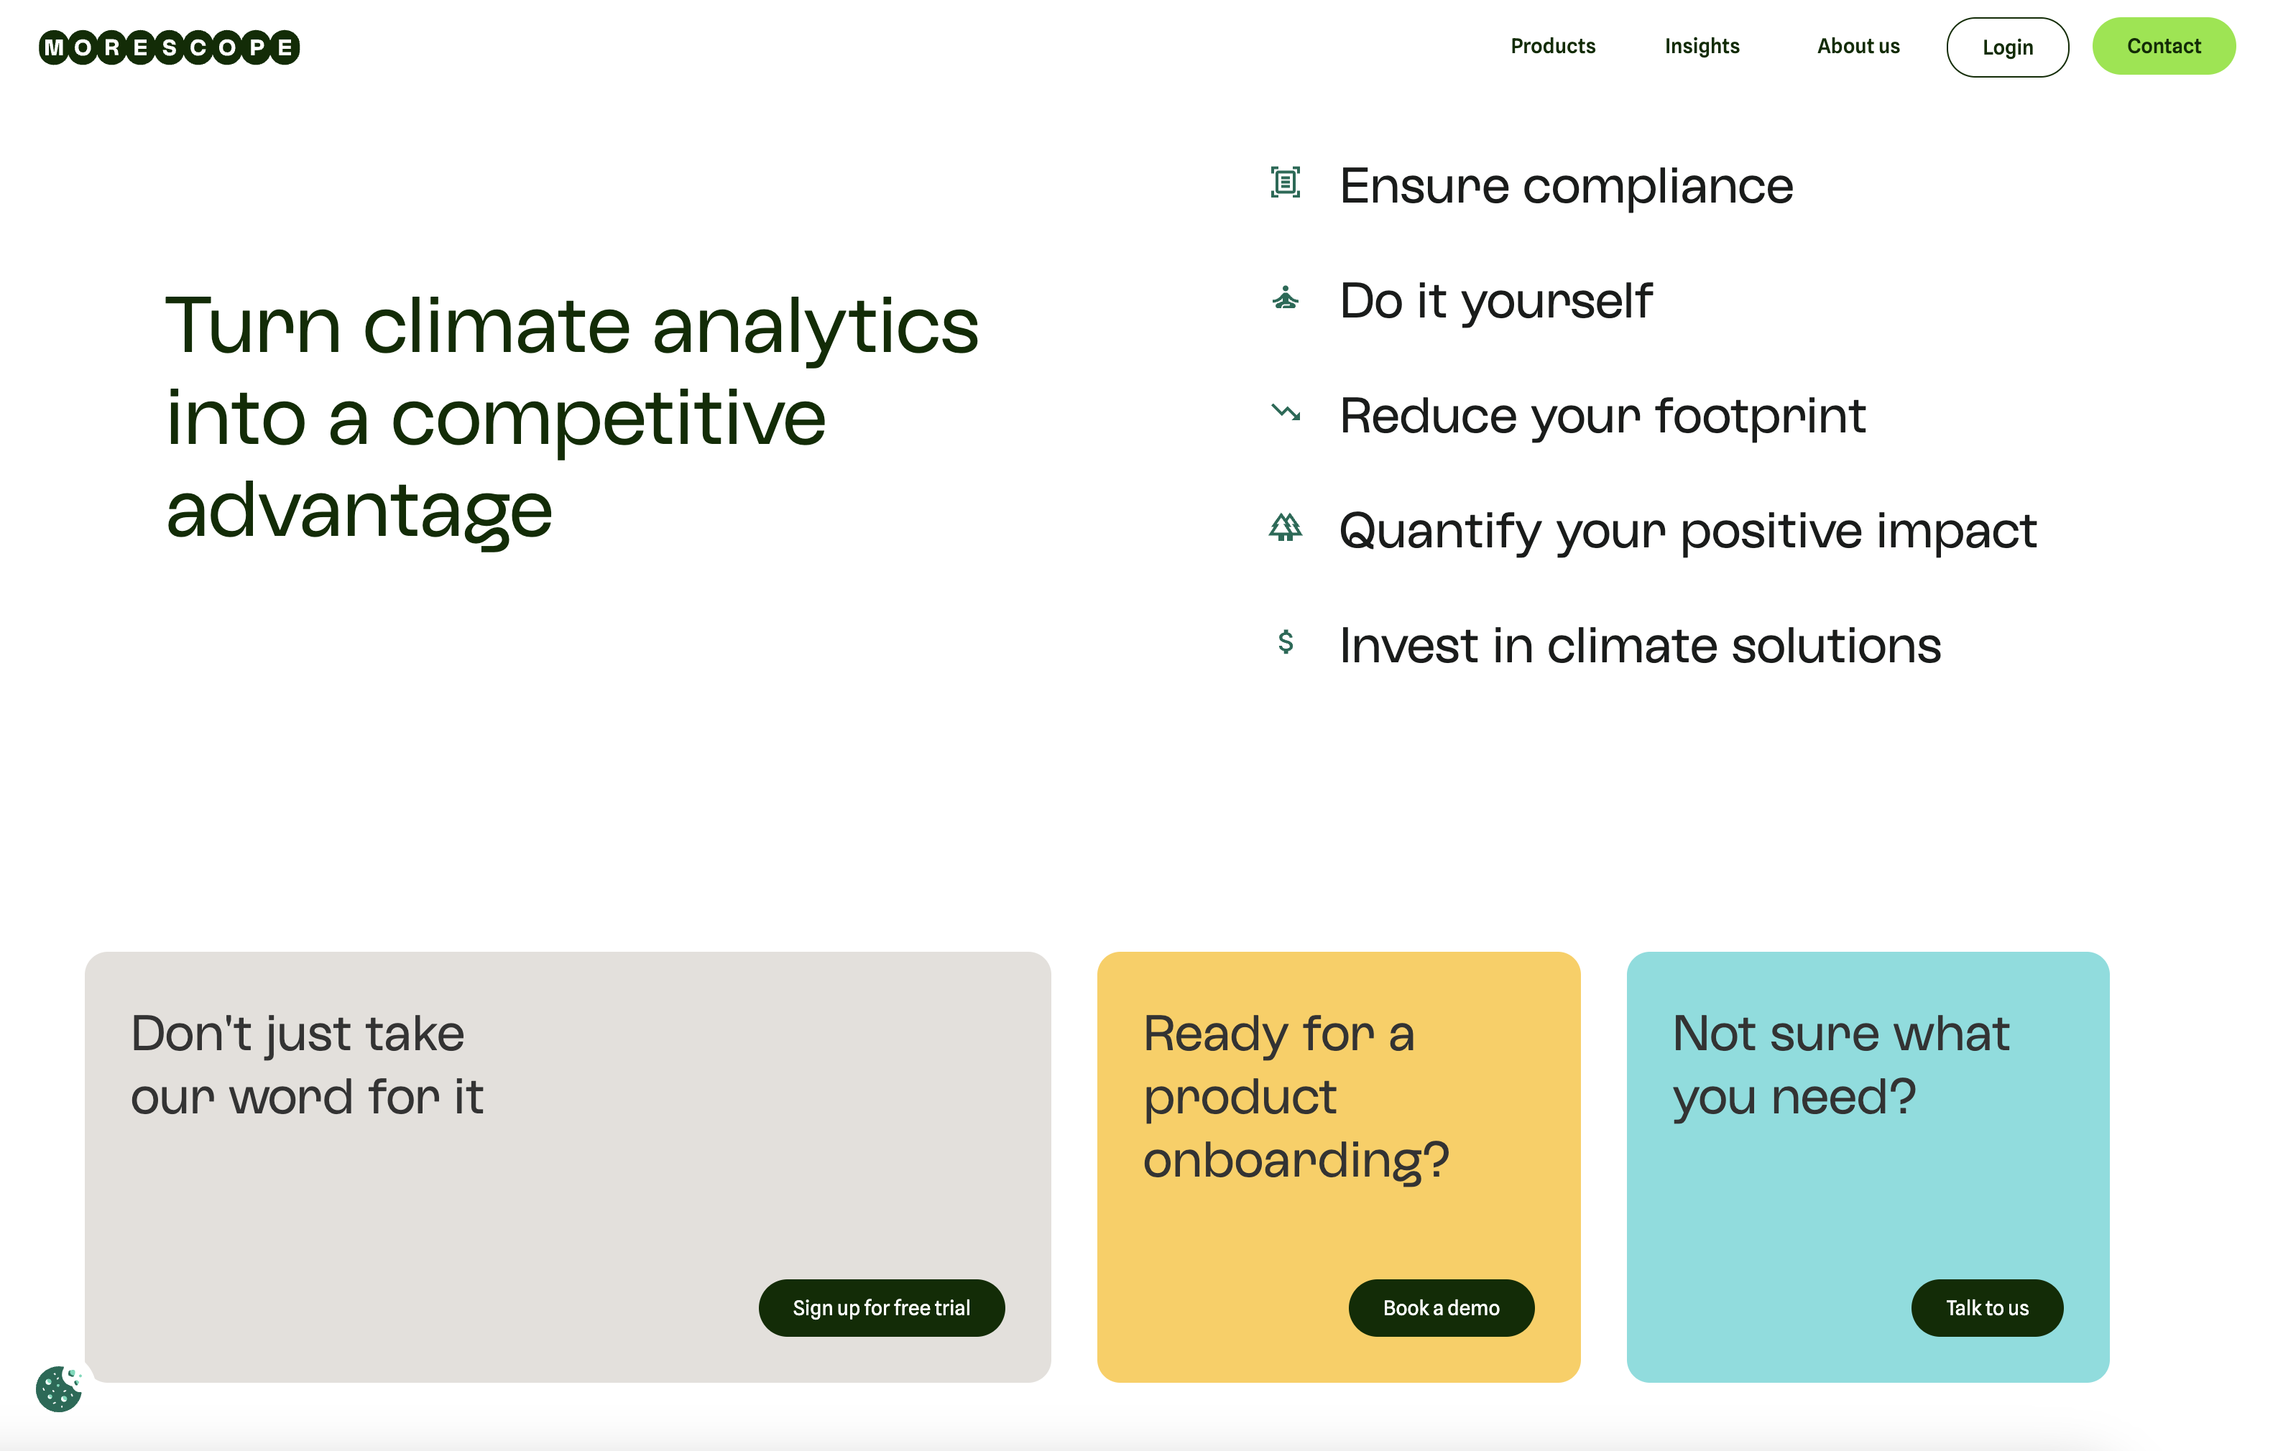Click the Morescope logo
point(170,47)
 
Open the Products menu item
point(1552,47)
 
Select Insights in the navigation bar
point(1702,47)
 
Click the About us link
point(1858,47)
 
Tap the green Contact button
point(2164,47)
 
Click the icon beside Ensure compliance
point(1286,182)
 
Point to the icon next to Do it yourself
point(1286,298)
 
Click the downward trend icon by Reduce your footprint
point(1286,412)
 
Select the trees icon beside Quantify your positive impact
point(1286,527)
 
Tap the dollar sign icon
point(1286,642)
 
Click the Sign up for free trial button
point(882,1308)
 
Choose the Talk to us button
point(1988,1308)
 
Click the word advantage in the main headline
point(359,511)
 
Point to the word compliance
point(1659,186)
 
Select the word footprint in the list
point(1761,416)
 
